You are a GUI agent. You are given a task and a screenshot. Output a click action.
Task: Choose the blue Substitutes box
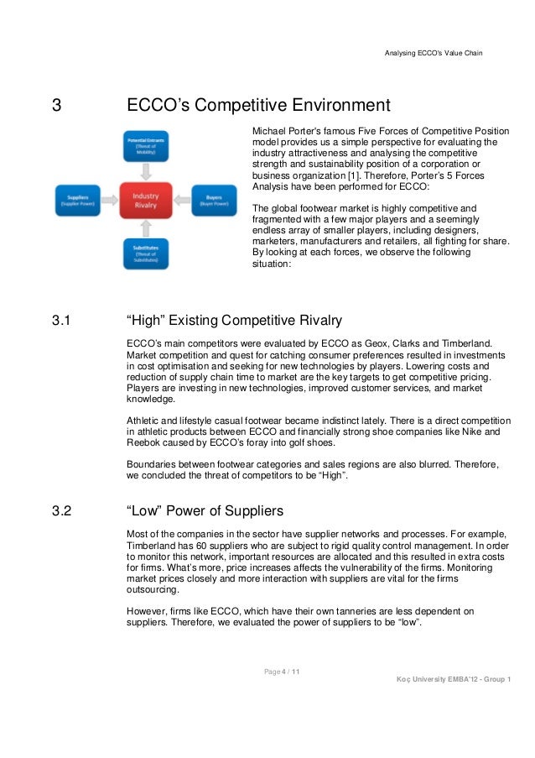(146, 253)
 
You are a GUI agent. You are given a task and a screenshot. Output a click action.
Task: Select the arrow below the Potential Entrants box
(146, 170)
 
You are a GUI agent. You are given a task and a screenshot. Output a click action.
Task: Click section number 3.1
(60, 321)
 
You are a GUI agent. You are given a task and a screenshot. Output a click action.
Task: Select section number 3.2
(60, 511)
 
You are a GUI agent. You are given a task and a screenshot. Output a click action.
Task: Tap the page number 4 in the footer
(283, 671)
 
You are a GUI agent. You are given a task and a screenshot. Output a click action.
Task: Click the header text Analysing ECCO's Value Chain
(433, 54)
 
